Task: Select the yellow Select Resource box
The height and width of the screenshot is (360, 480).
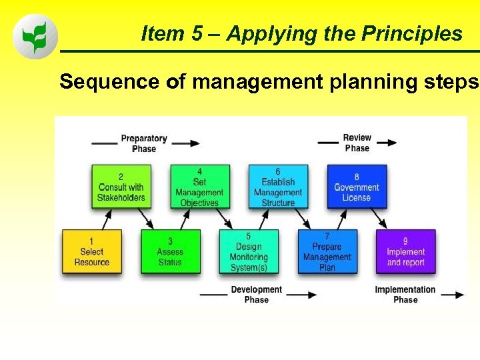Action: [91, 251]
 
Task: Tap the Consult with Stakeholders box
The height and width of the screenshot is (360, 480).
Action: [121, 187]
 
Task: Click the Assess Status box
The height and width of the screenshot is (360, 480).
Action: [170, 251]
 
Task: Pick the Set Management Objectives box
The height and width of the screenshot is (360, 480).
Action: [199, 187]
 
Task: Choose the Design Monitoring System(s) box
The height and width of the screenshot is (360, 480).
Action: [249, 251]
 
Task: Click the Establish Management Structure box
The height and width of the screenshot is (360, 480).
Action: [278, 187]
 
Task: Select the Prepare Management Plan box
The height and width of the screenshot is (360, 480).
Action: [327, 251]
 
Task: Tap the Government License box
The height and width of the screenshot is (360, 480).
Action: [357, 187]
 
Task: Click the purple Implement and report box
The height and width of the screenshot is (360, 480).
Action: [405, 251]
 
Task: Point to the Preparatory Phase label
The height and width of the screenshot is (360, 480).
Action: [143, 143]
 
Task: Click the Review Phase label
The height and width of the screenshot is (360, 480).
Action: [357, 143]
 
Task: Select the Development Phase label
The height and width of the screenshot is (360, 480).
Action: [256, 295]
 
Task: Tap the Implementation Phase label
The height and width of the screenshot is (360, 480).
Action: [405, 295]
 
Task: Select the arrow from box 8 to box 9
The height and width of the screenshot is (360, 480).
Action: [378, 218]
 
